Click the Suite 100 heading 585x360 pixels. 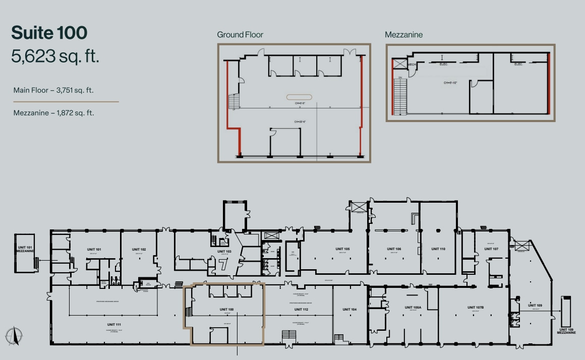click(x=49, y=33)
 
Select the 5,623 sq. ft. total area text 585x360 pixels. click(x=55, y=56)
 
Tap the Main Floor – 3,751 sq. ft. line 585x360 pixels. click(x=53, y=91)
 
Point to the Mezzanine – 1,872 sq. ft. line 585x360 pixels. click(x=53, y=113)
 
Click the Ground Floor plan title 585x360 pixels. click(x=240, y=35)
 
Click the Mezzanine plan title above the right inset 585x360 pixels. click(x=403, y=35)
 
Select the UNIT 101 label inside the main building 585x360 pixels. click(x=95, y=250)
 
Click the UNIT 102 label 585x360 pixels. click(x=139, y=250)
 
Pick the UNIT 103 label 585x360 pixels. click(x=224, y=251)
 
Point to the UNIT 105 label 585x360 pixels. click(x=342, y=249)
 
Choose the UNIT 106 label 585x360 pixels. click(x=394, y=249)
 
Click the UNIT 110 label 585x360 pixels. click(x=438, y=249)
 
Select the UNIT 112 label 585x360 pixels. click(x=301, y=309)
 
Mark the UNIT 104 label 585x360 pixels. click(x=349, y=309)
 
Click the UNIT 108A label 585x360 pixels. click(x=413, y=307)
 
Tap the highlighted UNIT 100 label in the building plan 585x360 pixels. click(x=227, y=309)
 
